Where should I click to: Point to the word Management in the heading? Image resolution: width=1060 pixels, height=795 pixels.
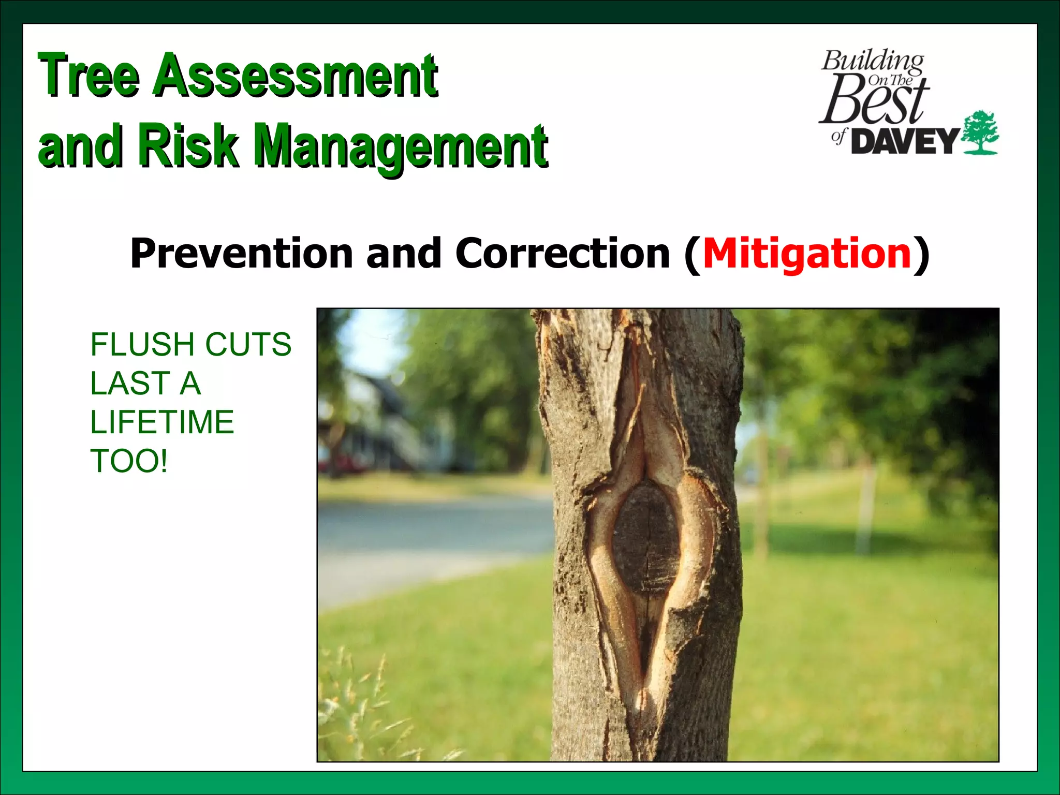402,148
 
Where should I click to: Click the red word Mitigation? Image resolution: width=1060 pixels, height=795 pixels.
806,254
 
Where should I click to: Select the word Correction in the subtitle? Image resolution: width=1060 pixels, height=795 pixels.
562,254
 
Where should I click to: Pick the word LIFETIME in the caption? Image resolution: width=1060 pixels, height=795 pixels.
162,422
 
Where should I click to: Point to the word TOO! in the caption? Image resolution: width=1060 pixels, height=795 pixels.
129,461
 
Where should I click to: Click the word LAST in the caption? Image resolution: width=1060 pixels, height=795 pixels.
130,384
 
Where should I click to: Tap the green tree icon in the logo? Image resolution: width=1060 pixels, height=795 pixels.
979,132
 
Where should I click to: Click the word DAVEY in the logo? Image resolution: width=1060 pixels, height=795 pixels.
905,141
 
